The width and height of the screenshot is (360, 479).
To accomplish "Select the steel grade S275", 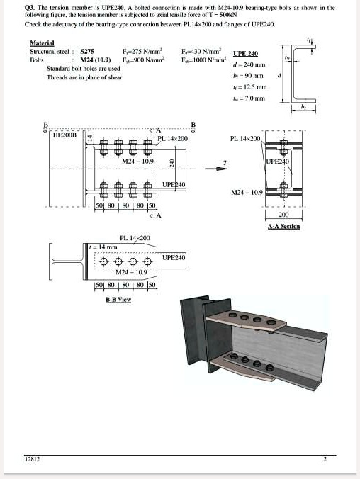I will pyautogui.click(x=88, y=52).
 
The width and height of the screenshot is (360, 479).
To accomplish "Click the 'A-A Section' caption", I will pyautogui.click(x=283, y=226).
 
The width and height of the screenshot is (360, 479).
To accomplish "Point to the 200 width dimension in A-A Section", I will pyautogui.click(x=283, y=214).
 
